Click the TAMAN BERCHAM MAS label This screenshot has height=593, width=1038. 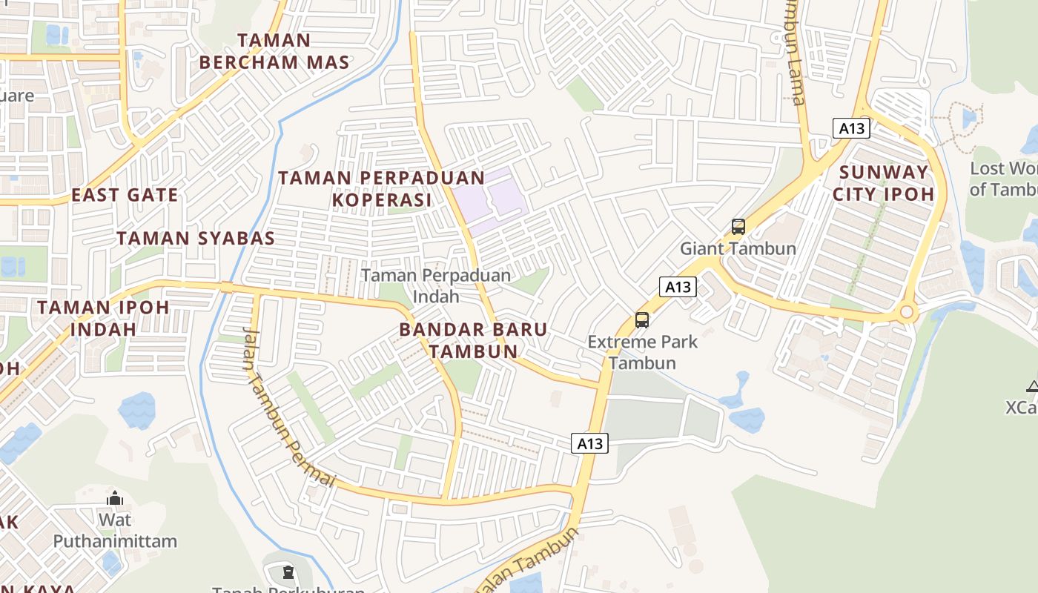click(x=274, y=51)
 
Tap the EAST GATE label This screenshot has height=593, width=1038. click(x=125, y=196)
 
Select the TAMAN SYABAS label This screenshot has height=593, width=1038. click(x=196, y=239)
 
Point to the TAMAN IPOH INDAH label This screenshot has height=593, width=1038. click(x=103, y=318)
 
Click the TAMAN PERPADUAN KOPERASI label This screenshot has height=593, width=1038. click(x=381, y=189)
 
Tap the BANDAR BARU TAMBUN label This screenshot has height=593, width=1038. click(x=473, y=340)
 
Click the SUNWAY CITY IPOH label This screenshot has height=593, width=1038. click(x=883, y=183)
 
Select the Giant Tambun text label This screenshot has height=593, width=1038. click(x=738, y=248)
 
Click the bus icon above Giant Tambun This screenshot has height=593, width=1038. click(x=738, y=227)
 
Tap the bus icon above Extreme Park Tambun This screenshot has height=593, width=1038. click(x=642, y=320)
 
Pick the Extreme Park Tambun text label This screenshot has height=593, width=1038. click(x=642, y=352)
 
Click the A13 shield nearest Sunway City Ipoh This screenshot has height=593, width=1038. click(x=851, y=128)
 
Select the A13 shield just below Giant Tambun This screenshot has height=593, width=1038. click(x=678, y=287)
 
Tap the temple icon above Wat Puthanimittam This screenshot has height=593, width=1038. click(x=114, y=497)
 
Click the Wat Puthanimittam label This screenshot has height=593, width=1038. click(x=115, y=531)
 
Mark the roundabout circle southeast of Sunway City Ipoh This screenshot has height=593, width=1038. click(x=907, y=313)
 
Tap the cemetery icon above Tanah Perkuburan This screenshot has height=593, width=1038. click(x=288, y=572)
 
